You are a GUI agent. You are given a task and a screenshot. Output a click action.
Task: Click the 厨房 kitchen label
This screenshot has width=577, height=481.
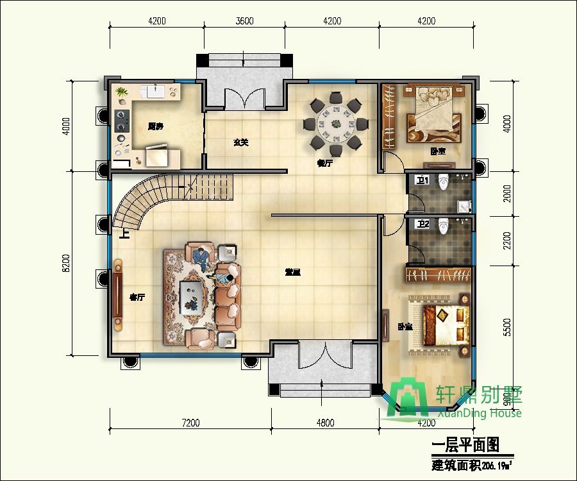[x=155, y=126]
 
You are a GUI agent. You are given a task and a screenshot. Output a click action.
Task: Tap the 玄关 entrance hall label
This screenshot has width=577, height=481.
[x=241, y=142]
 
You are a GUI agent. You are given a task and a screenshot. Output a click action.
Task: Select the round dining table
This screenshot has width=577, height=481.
[x=335, y=122]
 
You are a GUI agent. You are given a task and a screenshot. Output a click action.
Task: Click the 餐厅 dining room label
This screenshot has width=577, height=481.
[x=325, y=163]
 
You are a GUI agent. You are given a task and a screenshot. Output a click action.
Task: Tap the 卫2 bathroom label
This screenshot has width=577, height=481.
[x=422, y=224]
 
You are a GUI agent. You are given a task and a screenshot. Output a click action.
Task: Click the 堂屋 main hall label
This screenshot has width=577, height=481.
[x=293, y=272]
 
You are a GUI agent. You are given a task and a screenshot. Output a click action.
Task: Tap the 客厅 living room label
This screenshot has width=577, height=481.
[x=137, y=297]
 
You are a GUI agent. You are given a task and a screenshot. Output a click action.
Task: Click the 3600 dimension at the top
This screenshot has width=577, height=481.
[x=245, y=21]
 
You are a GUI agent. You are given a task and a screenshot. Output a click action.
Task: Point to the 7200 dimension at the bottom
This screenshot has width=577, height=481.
[x=190, y=423]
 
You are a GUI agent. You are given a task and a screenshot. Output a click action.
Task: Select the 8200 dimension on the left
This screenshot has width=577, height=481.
[x=65, y=262]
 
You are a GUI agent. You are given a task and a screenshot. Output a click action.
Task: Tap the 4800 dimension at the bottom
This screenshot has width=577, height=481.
[x=325, y=423]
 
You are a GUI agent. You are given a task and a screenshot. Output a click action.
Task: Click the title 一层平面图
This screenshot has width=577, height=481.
[x=465, y=444]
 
